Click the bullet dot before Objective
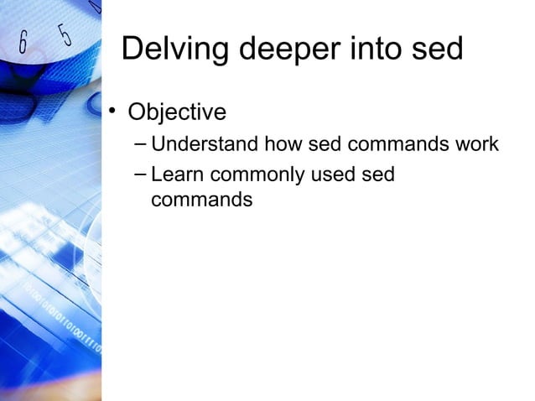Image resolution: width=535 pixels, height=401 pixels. (110, 111)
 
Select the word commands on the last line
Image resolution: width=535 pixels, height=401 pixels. (202, 201)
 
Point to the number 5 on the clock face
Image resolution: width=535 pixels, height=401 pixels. (65, 34)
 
